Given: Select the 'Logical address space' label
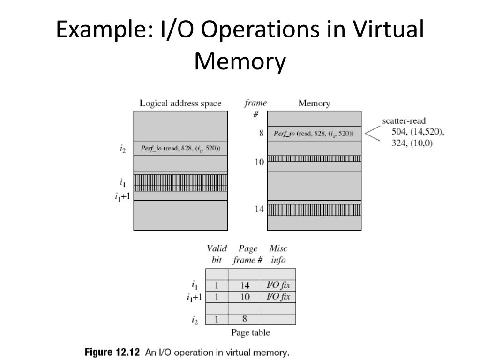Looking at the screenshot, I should pyautogui.click(x=180, y=104).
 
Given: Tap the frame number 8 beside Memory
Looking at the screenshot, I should pyautogui.click(x=261, y=134).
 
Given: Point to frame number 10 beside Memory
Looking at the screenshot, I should pyautogui.click(x=260, y=162).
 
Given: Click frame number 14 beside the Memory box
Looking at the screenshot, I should pyautogui.click(x=260, y=210).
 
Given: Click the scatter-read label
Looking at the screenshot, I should pyautogui.click(x=404, y=121).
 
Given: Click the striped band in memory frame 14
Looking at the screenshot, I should pyautogui.click(x=314, y=209).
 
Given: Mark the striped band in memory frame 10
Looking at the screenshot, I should pyautogui.click(x=314, y=158).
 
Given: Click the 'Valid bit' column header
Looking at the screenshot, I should pyautogui.click(x=217, y=254).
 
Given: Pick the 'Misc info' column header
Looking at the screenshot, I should pyautogui.click(x=278, y=254).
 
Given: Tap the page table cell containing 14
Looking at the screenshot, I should pyautogui.click(x=245, y=285).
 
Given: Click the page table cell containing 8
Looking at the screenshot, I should pyautogui.click(x=245, y=320).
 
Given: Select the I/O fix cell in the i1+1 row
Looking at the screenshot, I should pyautogui.click(x=278, y=297).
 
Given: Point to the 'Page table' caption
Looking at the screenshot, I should pyautogui.click(x=250, y=333).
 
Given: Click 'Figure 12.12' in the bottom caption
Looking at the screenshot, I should pyautogui.click(x=112, y=352).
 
